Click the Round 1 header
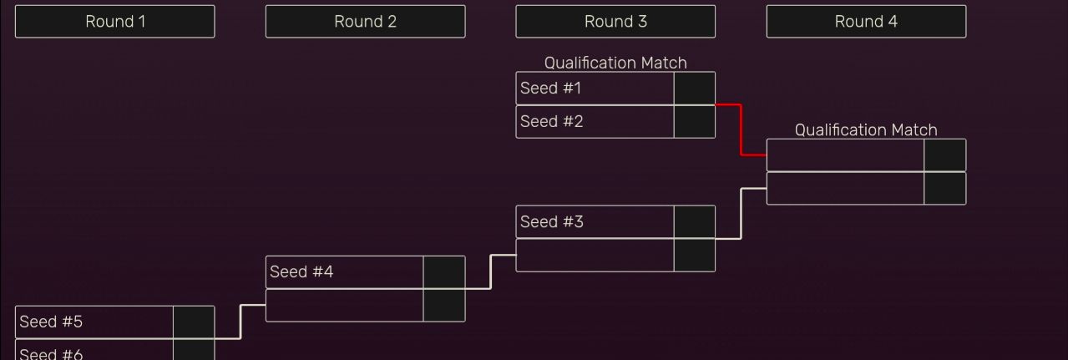[115, 22]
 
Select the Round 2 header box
[365, 22]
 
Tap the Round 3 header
[615, 22]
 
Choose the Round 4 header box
[866, 22]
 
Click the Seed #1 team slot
[595, 89]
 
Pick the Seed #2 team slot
[595, 122]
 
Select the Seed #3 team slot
[595, 221]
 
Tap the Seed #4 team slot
[345, 271]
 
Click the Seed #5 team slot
[94, 322]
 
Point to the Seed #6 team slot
[94, 350]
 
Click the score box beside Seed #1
[695, 89]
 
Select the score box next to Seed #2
[695, 122]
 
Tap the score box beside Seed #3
[695, 221]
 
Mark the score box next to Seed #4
[444, 271]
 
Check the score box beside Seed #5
[194, 322]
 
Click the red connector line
[741, 129]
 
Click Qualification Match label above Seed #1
[615, 63]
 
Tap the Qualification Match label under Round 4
[866, 129]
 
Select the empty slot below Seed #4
[345, 306]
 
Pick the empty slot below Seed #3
[595, 256]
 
